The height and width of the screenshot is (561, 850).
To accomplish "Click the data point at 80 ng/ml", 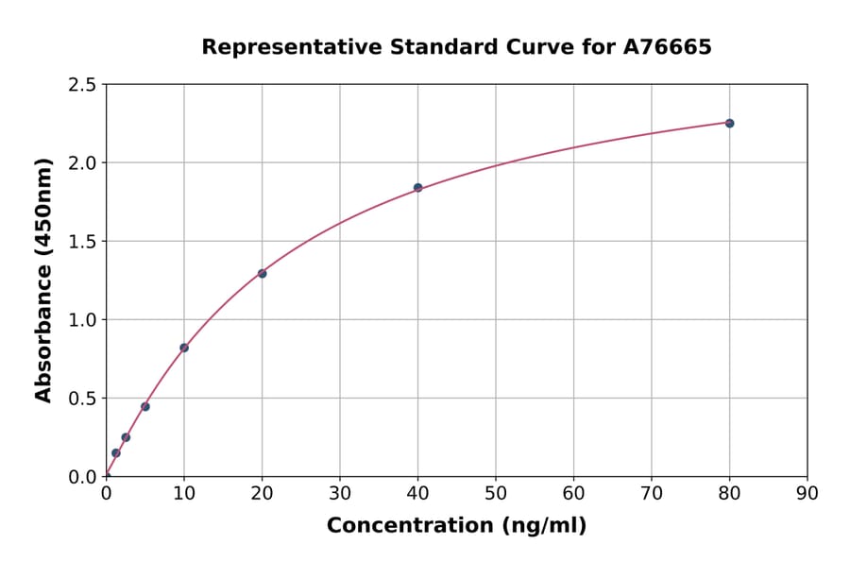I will coord(729,123).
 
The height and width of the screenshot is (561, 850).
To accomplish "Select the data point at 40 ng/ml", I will coord(417,187).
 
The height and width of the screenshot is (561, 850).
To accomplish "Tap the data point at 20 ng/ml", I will coord(262,274).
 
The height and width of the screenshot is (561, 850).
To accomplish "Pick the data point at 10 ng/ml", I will coord(184,348).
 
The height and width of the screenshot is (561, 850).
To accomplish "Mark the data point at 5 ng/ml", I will coord(145,406).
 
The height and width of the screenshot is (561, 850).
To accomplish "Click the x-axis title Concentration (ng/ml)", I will coord(456,525).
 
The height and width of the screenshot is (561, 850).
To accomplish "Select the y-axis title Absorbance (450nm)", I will coord(43,280).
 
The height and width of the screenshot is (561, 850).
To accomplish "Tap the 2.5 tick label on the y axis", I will coord(83,85).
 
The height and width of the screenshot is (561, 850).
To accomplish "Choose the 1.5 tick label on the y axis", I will coord(83,242).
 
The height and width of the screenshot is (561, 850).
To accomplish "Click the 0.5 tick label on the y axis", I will coord(83,399).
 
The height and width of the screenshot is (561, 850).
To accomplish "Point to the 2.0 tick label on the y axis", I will coord(83,163).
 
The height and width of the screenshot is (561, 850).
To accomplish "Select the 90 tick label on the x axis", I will coord(807,492).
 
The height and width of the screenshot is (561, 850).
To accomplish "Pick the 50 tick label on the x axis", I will coord(496,492).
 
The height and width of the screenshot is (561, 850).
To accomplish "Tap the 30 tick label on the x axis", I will coord(340,492).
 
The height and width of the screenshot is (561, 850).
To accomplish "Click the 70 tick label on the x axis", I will coord(652,492).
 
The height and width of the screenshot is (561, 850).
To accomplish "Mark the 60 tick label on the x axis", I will coord(573,492).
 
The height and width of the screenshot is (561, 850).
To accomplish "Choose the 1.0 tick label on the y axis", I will coord(83,320).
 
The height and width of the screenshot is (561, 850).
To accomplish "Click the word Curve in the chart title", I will coord(559,46).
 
